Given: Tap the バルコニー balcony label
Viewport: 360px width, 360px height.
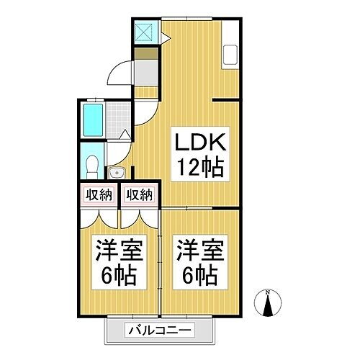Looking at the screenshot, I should [160, 331].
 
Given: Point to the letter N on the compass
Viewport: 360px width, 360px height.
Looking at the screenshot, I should [268, 292].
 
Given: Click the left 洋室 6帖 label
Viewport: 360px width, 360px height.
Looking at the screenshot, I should [117, 264].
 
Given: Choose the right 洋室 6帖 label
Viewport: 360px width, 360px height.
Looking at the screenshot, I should [197, 264].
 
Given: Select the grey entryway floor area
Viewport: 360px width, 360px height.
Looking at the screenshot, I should [146, 73].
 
